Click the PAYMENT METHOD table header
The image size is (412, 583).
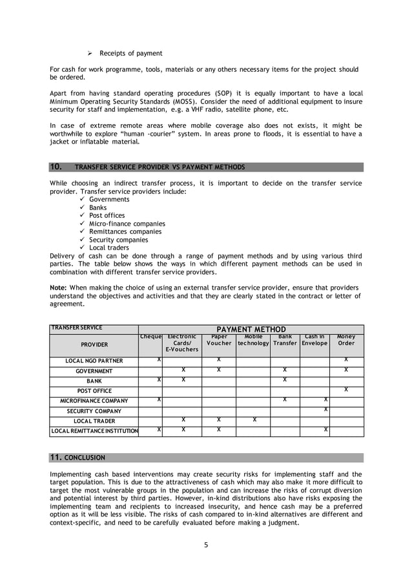pyautogui.click(x=251, y=329)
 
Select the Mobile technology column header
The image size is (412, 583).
pyautogui.click(x=252, y=340)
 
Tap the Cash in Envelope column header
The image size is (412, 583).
pyautogui.click(x=314, y=340)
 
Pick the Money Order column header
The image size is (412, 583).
pyautogui.click(x=346, y=340)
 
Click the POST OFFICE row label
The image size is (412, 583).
pyautogui.click(x=94, y=391)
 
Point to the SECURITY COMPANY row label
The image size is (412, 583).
pyautogui.click(x=94, y=411)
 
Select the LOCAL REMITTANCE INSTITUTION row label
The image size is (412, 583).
pyautogui.click(x=94, y=431)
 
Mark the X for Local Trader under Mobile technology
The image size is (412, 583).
pyautogui.click(x=254, y=419)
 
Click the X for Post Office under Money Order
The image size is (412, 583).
pyautogui.click(x=346, y=389)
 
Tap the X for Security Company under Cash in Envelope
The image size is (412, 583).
pyautogui.click(x=326, y=409)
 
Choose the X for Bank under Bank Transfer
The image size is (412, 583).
pyautogui.click(x=285, y=379)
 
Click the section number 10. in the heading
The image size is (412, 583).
pyautogui.click(x=56, y=167)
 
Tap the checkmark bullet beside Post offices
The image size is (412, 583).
pyautogui.click(x=82, y=216)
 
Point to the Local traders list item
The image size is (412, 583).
pyautogui.click(x=108, y=248)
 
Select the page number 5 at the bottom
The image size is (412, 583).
pyautogui.click(x=206, y=545)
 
